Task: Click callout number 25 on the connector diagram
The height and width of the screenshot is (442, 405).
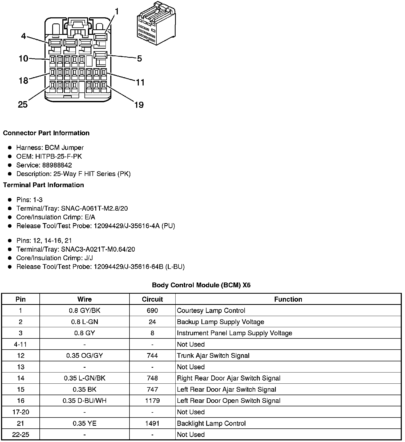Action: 23,104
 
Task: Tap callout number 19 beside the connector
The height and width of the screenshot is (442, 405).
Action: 139,105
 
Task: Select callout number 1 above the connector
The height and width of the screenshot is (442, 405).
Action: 116,11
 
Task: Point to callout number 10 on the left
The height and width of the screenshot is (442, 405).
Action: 23,58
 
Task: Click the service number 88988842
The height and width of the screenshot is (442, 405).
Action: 57,165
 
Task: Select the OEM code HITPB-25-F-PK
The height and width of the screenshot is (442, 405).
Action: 59,156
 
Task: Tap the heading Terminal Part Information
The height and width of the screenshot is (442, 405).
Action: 43,185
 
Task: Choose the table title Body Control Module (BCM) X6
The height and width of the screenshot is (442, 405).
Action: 201,285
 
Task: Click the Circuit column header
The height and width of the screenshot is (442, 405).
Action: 152,299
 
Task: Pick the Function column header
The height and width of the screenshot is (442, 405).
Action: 288,299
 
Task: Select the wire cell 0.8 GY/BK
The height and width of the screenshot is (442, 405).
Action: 84,310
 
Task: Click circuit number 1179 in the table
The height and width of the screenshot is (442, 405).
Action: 152,401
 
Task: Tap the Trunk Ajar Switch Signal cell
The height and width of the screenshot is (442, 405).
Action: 213,355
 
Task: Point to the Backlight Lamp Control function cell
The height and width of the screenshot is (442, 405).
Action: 211,423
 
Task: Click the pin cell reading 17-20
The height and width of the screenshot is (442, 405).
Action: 21,412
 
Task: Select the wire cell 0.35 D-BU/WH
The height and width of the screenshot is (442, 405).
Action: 84,401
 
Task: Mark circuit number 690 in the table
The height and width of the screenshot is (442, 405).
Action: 152,310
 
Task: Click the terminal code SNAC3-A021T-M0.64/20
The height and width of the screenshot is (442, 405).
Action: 98,249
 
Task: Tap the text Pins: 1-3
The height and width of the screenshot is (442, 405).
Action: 29,200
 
